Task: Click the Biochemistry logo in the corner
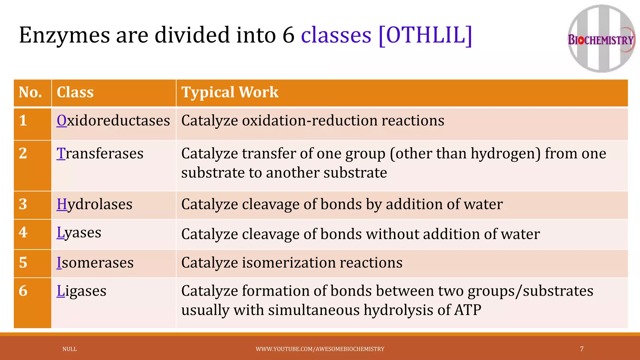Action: (x=601, y=39)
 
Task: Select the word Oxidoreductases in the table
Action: (x=113, y=121)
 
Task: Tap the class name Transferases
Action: (x=100, y=153)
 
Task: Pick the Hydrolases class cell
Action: (x=94, y=204)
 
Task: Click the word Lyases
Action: (x=79, y=232)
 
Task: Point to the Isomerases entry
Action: (x=95, y=262)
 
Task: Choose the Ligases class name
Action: (x=81, y=291)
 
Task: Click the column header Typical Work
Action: (x=230, y=92)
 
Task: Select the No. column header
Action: (x=30, y=92)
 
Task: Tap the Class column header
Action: (x=75, y=92)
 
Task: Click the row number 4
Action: (x=23, y=232)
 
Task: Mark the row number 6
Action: (x=23, y=291)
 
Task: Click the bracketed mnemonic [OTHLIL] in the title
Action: (x=425, y=35)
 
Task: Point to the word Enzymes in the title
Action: (x=64, y=35)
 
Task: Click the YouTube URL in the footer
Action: (x=320, y=349)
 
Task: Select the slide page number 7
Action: (x=582, y=349)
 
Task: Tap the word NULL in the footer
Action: (x=69, y=349)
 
